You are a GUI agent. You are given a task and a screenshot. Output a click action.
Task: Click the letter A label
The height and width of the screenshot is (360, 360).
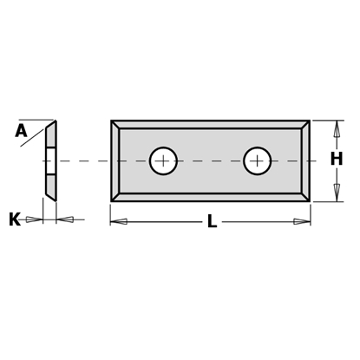(x=21, y=131)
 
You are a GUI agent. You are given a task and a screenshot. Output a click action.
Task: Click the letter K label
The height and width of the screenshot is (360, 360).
(x=15, y=219)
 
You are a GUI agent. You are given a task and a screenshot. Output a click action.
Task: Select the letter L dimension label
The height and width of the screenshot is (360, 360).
(x=211, y=222)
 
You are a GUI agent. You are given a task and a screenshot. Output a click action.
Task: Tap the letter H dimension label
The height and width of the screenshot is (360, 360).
(x=336, y=160)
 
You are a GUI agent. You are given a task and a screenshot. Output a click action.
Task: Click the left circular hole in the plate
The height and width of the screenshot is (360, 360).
(x=162, y=160)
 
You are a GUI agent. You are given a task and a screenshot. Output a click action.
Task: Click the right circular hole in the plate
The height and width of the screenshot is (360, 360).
(x=257, y=160)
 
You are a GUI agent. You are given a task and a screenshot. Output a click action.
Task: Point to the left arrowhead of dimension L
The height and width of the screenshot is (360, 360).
(x=119, y=222)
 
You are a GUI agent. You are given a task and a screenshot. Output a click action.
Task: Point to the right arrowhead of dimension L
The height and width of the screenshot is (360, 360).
(x=302, y=222)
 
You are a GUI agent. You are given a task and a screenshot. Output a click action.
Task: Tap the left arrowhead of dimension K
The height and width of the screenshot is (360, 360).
(x=35, y=219)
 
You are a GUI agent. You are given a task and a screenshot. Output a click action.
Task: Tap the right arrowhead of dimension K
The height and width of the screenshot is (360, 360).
(x=65, y=219)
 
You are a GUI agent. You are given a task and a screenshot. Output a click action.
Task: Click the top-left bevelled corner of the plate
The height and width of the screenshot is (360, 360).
(x=115, y=125)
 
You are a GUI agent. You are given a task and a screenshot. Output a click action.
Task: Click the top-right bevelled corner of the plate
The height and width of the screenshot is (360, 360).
(x=305, y=125)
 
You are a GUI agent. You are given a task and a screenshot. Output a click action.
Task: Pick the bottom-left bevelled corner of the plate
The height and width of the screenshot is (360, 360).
(x=115, y=197)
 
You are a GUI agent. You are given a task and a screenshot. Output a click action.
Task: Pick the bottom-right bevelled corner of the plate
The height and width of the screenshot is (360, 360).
(x=305, y=197)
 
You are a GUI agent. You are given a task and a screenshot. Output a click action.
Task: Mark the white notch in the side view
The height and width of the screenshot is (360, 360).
(x=50, y=160)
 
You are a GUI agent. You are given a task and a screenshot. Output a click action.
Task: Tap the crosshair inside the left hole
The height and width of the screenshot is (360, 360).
(x=162, y=160)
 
